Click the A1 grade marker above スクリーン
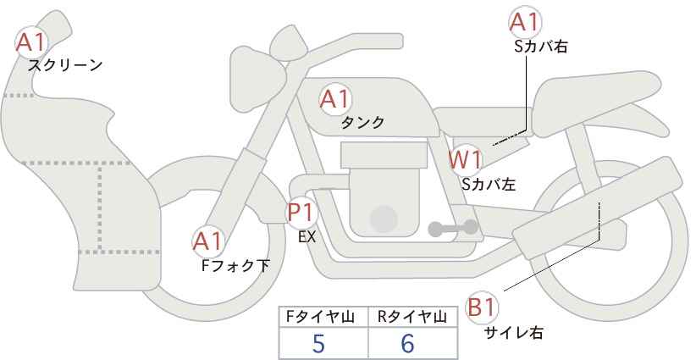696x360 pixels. (x=31, y=42)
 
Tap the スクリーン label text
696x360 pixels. (x=65, y=66)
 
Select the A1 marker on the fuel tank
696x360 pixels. (x=335, y=99)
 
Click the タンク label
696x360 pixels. (x=362, y=123)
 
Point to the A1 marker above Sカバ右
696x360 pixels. (x=525, y=22)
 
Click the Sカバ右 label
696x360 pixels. (x=541, y=47)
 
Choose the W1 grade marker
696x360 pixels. (x=465, y=159)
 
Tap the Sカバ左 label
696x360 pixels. (x=489, y=184)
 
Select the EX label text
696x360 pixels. (x=307, y=237)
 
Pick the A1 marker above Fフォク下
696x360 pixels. (x=207, y=241)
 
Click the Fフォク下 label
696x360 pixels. (x=235, y=266)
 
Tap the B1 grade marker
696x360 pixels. (x=482, y=307)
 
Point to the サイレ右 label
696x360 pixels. (x=513, y=332)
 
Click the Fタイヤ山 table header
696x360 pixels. (x=320, y=317)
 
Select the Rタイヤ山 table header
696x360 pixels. (x=412, y=317)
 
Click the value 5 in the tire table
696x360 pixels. (x=318, y=343)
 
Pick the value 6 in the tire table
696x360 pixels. (x=407, y=343)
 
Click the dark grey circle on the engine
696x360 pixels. (x=383, y=219)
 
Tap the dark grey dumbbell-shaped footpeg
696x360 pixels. (x=453, y=228)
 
